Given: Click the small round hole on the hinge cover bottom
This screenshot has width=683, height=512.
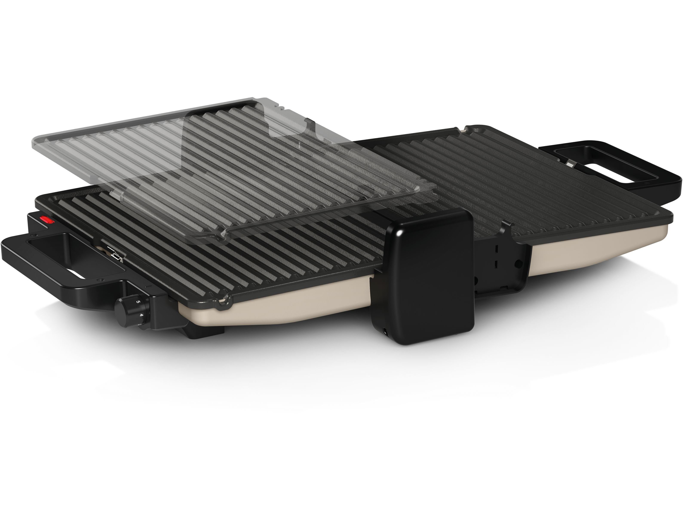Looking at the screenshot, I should pos(385,332).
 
